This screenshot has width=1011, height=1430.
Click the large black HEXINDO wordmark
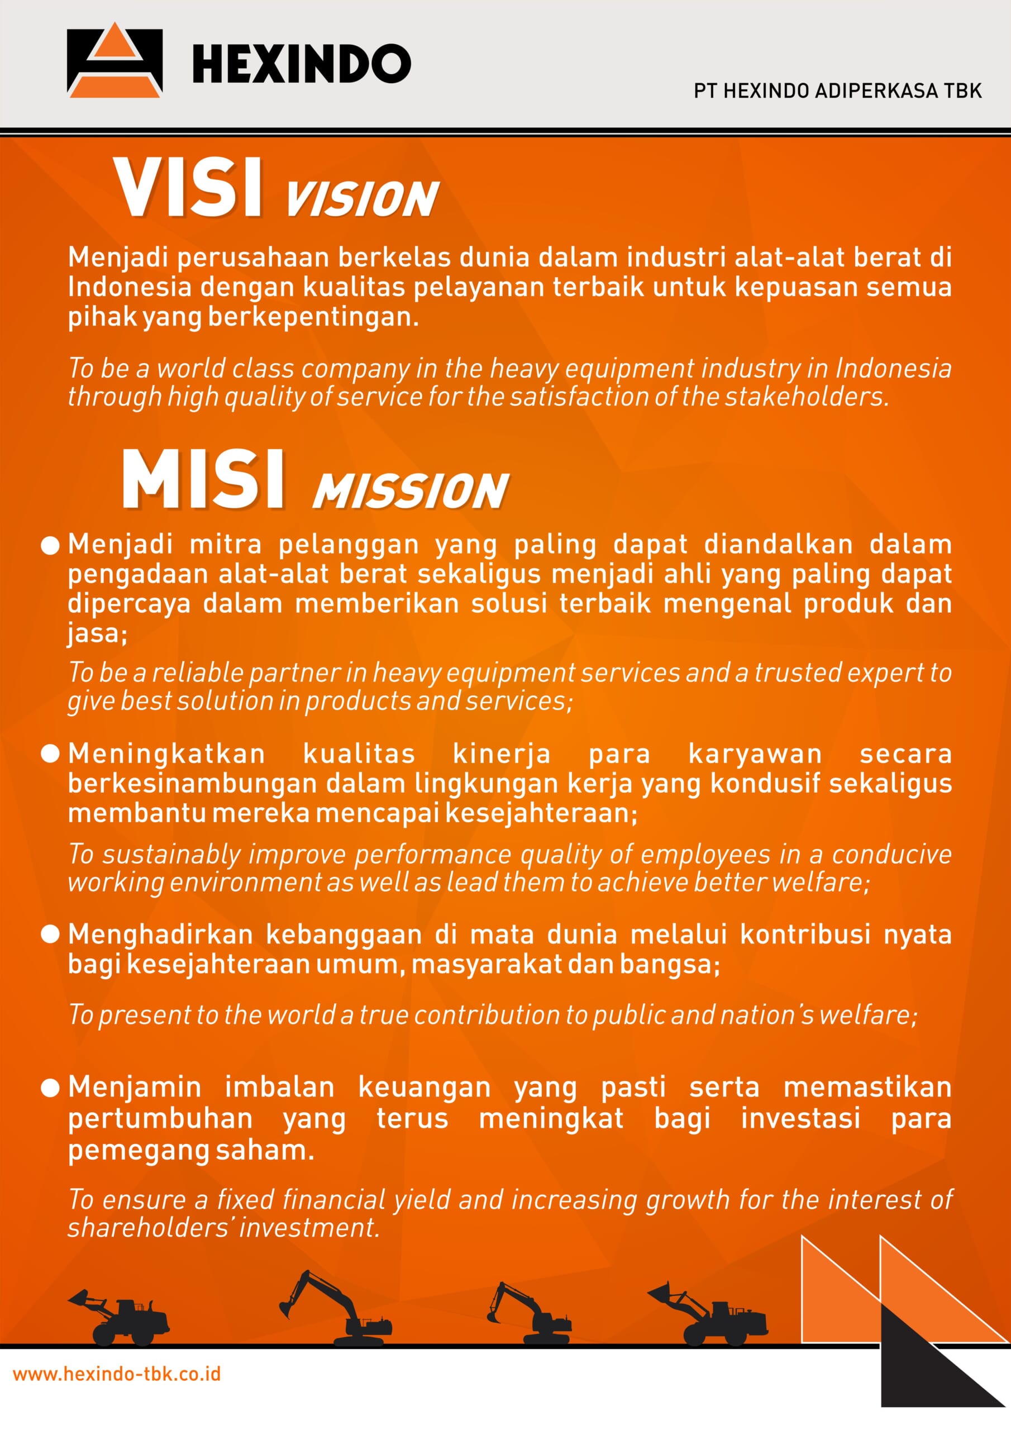301,64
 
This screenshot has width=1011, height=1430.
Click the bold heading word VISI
188,188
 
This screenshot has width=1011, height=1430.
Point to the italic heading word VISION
362,200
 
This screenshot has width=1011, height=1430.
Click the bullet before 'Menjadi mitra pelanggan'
50,546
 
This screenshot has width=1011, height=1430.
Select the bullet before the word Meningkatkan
50,754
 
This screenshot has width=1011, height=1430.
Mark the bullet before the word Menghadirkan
50,934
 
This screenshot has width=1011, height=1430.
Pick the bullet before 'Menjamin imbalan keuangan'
50,1088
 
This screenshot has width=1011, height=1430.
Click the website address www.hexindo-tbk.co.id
117,1374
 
